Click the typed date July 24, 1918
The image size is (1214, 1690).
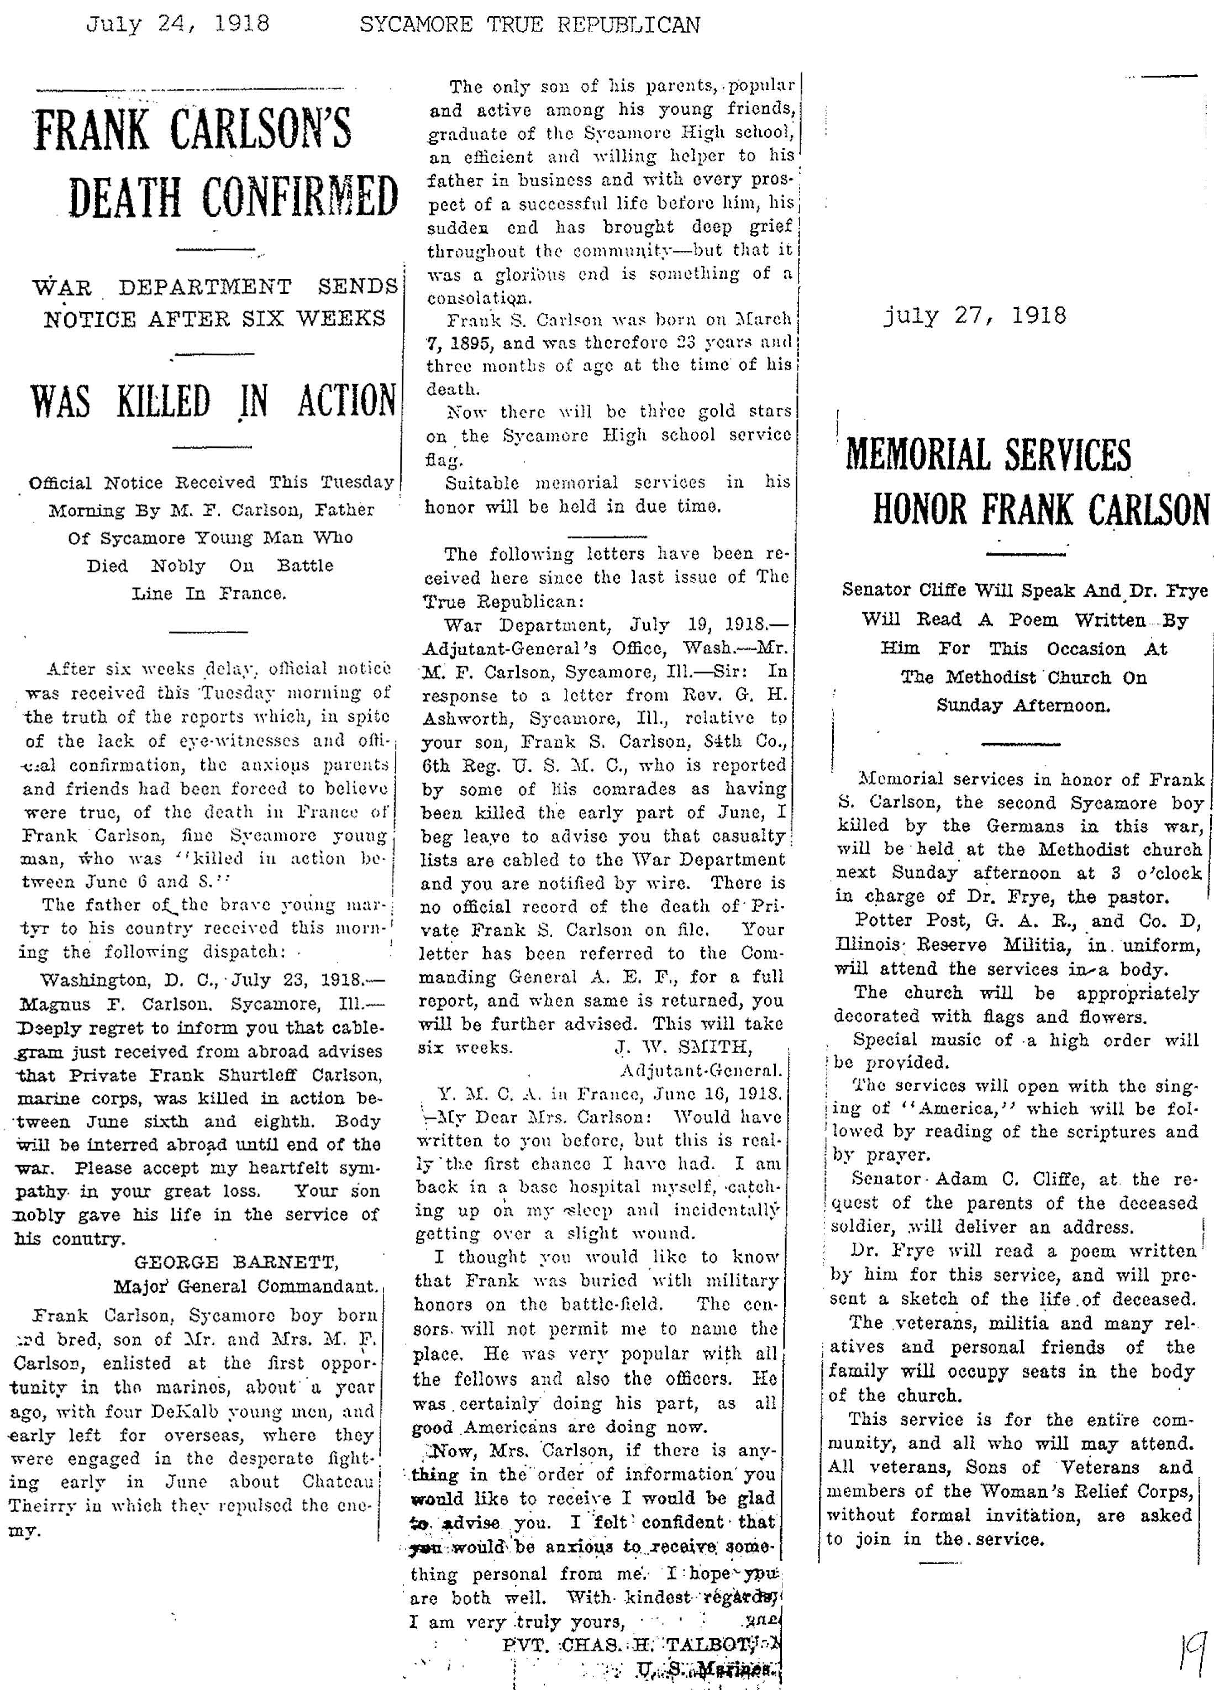[x=177, y=25]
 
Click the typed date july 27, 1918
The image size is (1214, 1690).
[x=974, y=316]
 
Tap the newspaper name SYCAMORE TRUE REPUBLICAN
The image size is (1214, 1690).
[x=529, y=25]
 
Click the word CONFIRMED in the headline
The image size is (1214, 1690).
[x=299, y=197]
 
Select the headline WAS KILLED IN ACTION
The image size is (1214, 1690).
[x=213, y=401]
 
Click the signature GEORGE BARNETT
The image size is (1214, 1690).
[x=237, y=1262]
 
